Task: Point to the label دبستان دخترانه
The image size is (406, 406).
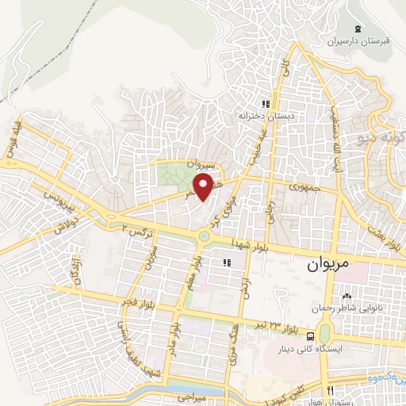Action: click(266, 116)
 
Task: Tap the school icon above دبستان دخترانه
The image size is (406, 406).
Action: click(266, 103)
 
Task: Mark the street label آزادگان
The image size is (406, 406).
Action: click(75, 270)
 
